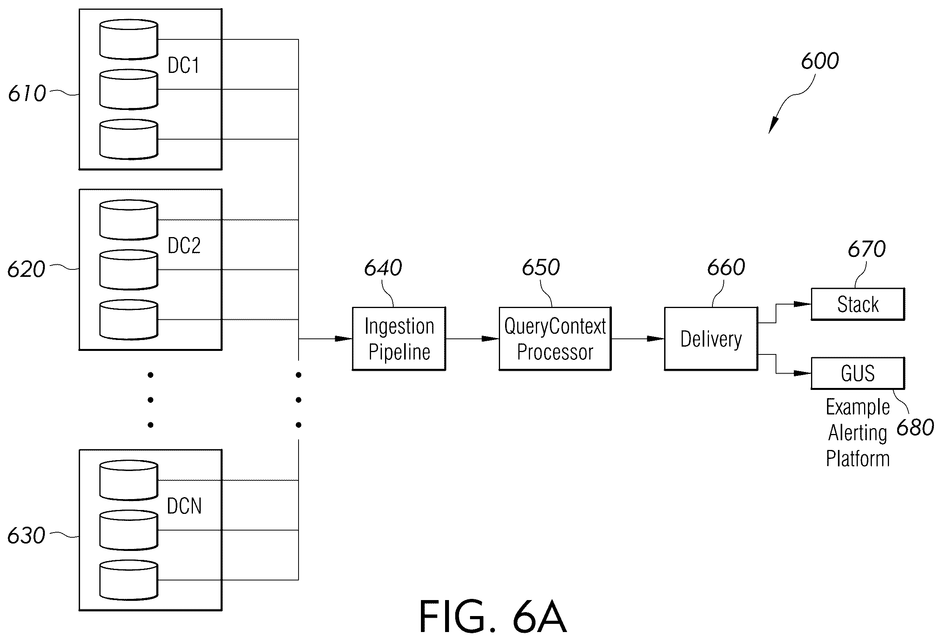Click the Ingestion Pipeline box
[x=399, y=338]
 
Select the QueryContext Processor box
[x=555, y=338]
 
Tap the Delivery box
[x=711, y=338]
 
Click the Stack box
[x=858, y=304]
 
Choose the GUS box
[x=858, y=373]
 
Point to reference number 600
[x=820, y=61]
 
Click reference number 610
[x=27, y=94]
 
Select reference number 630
[x=27, y=536]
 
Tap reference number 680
[x=915, y=428]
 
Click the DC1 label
[x=184, y=65]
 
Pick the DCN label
[x=184, y=506]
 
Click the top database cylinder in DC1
[x=129, y=39]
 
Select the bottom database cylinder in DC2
[x=129, y=319]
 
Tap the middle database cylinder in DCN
[x=129, y=530]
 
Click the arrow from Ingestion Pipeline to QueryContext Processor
[x=472, y=338]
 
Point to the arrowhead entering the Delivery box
[x=655, y=338]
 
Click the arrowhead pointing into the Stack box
[x=802, y=304]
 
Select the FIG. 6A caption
[x=493, y=617]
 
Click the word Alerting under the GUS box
[x=857, y=433]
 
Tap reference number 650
[x=541, y=268]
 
